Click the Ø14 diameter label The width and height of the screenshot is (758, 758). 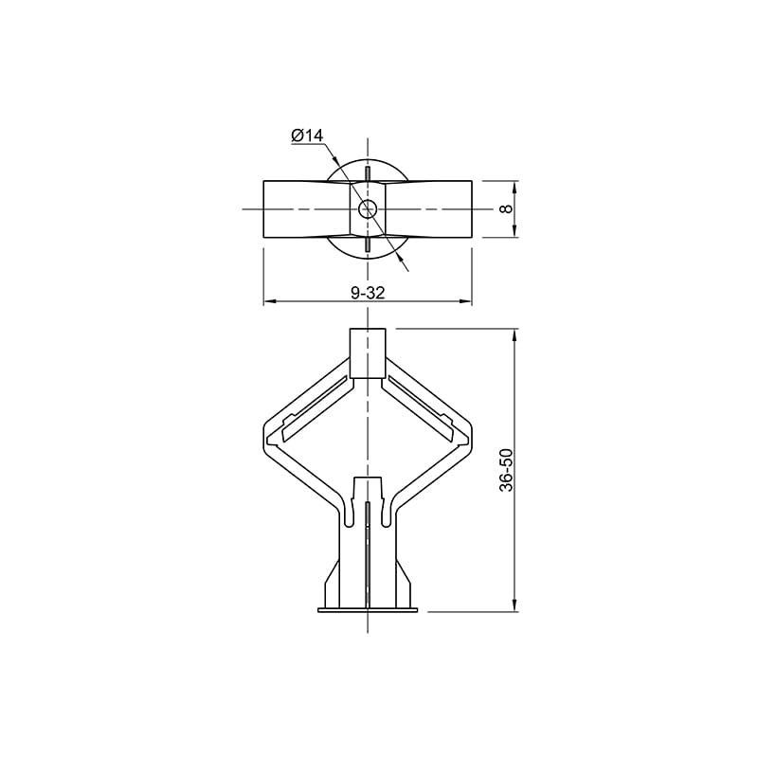[x=307, y=135]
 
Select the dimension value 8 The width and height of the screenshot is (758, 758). [x=506, y=208]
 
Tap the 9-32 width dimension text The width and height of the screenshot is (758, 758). [x=368, y=293]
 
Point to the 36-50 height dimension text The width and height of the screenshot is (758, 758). [x=506, y=470]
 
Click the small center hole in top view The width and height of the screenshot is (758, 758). [x=367, y=208]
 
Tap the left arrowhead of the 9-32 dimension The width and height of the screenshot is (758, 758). [x=270, y=301]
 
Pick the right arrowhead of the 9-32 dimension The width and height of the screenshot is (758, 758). [x=465, y=301]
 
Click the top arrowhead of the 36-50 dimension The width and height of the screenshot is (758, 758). [x=515, y=335]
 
